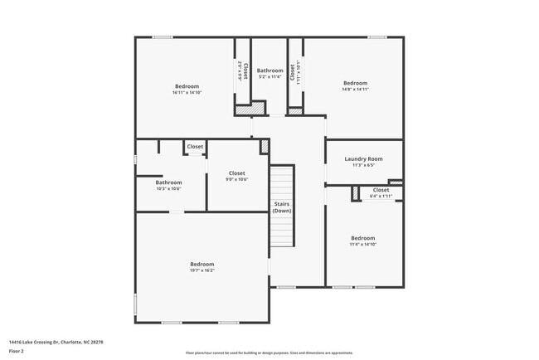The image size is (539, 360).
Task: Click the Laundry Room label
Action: click(x=363, y=158)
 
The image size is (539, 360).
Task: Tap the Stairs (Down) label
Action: click(x=282, y=207)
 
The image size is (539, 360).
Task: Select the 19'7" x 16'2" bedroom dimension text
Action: click(x=202, y=270)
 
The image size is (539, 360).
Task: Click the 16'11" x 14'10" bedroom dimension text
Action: click(x=187, y=92)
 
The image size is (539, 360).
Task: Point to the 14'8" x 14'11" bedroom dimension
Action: click(x=355, y=89)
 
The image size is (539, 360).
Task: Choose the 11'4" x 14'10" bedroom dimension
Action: click(x=362, y=244)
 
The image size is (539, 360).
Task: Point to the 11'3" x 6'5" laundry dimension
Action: click(x=363, y=165)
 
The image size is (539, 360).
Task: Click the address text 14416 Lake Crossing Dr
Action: click(x=56, y=342)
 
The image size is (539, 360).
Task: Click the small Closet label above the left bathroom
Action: click(x=195, y=147)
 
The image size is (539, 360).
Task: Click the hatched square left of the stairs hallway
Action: click(x=265, y=146)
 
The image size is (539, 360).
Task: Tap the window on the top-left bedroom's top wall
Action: click(x=163, y=36)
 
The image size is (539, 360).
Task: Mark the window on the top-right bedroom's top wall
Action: click(x=377, y=36)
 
